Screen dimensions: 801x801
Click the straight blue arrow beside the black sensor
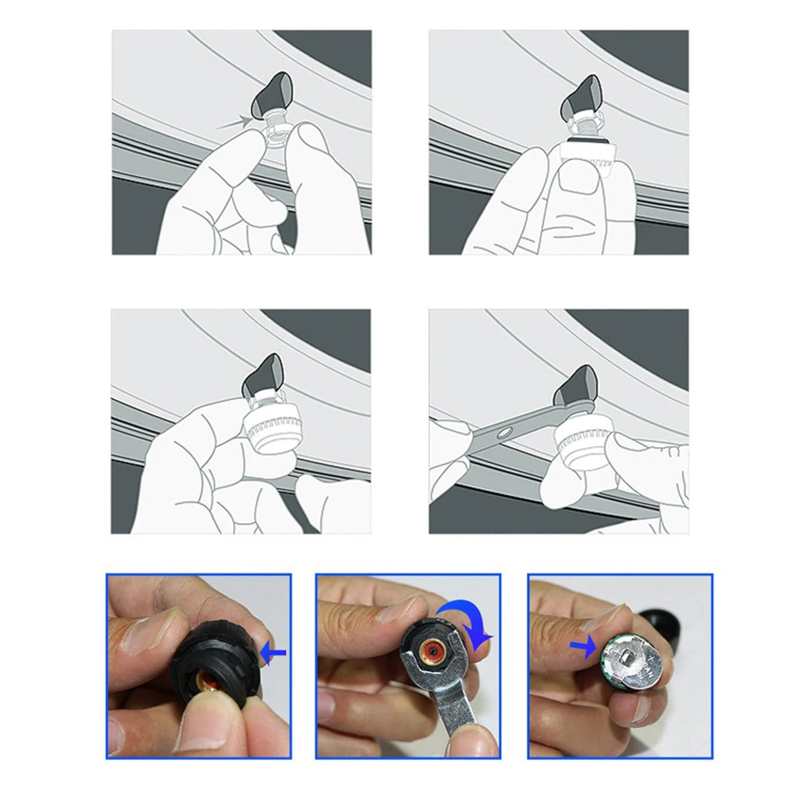[x=274, y=654]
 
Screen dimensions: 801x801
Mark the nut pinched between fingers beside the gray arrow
[x=274, y=128]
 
